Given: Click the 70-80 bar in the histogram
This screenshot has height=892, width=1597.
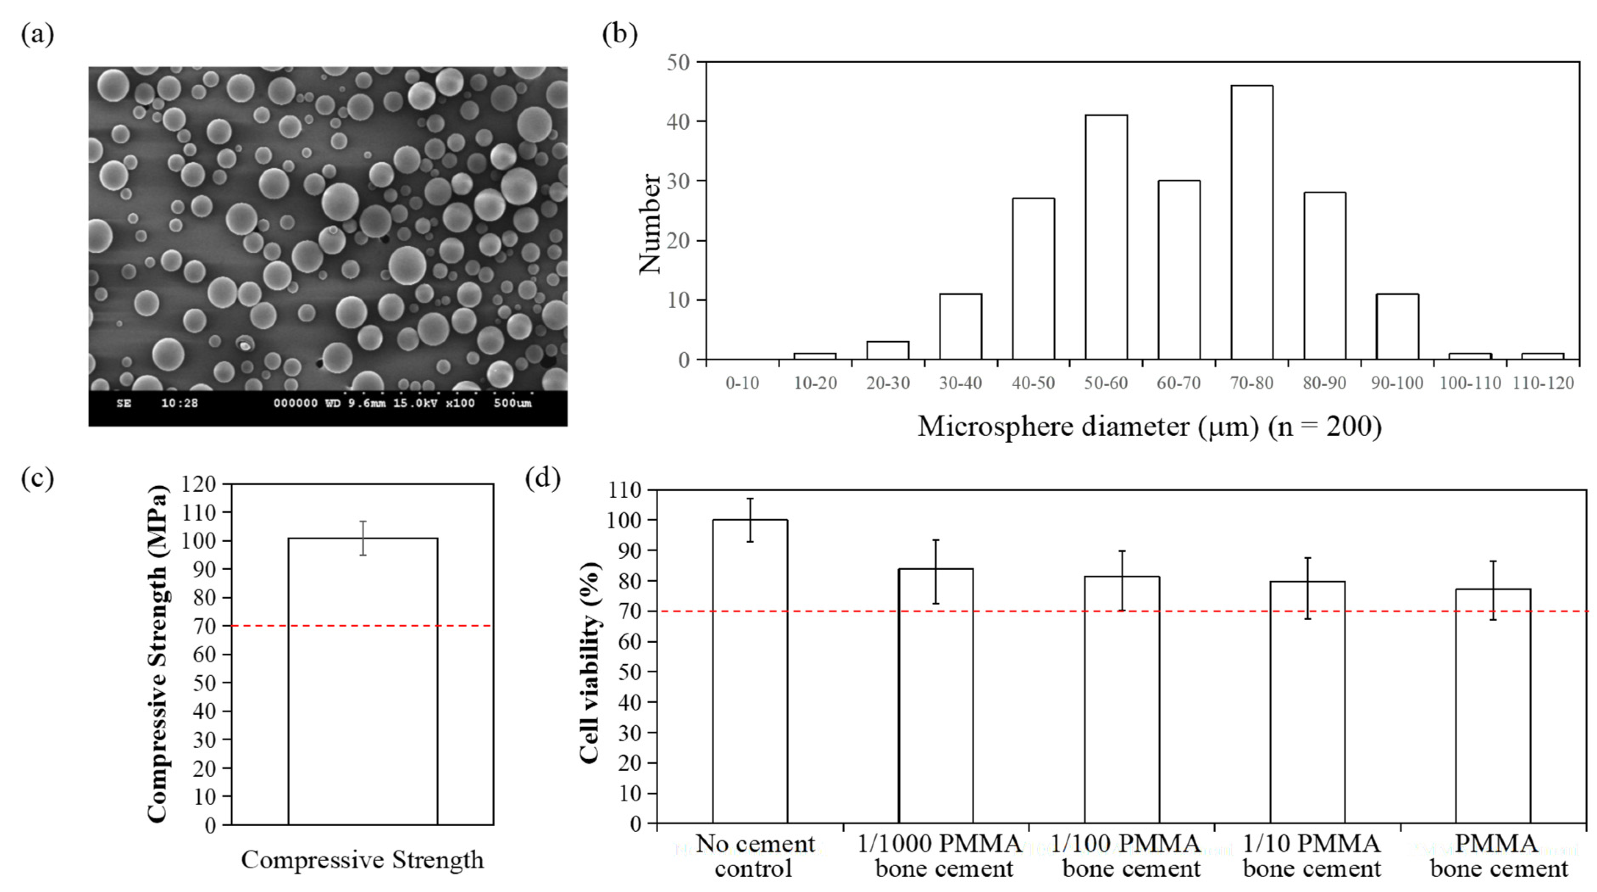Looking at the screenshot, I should pyautogui.click(x=1252, y=223).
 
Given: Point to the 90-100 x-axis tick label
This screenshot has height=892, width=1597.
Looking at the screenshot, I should pyautogui.click(x=1397, y=383).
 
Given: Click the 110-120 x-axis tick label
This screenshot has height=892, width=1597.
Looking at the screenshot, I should pyautogui.click(x=1543, y=383).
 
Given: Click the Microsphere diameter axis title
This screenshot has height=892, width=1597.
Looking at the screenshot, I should pyautogui.click(x=1149, y=427).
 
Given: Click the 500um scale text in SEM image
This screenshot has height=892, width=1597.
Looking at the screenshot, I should pyautogui.click(x=512, y=403).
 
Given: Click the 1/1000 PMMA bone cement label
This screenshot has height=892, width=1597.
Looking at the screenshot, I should pyautogui.click(x=940, y=856).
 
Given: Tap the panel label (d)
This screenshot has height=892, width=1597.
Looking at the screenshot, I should pyautogui.click(x=543, y=478).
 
